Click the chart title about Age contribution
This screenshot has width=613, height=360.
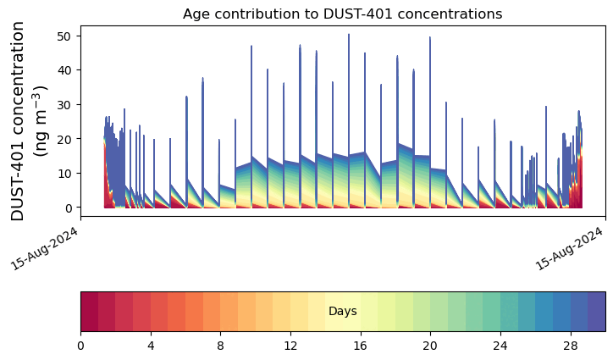click(342, 14)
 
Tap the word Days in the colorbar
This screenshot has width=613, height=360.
click(343, 312)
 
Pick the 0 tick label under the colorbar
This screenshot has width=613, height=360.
click(80, 346)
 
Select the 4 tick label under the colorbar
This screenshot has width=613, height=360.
click(151, 346)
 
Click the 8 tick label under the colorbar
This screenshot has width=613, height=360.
click(220, 346)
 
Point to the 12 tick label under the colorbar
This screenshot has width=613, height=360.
click(290, 346)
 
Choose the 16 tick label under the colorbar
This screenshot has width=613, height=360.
click(361, 346)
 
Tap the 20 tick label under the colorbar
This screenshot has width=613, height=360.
click(430, 346)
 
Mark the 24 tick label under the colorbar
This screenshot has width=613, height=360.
click(500, 346)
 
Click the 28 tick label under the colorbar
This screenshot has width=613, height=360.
click(571, 346)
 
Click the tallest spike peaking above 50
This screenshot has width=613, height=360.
click(349, 36)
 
